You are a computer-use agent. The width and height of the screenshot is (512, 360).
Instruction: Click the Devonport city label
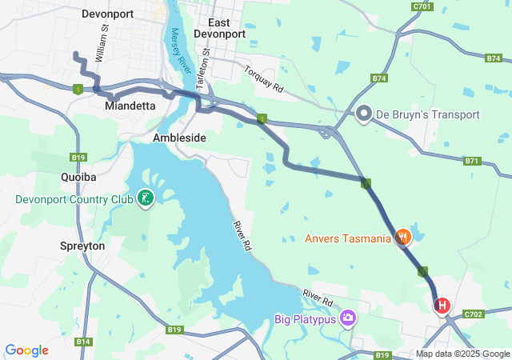[106, 14]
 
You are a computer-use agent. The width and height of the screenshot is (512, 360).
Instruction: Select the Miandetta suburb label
[130, 106]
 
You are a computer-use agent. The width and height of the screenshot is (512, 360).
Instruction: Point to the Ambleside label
[179, 138]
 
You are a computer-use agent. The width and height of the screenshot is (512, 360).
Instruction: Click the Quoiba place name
[78, 176]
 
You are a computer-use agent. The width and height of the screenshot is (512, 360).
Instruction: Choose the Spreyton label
[82, 246]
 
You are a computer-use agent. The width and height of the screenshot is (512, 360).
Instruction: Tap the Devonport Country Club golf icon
[146, 198]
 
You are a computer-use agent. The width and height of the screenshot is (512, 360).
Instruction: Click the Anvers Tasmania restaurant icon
[403, 238]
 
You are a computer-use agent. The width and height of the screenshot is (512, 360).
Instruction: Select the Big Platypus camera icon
[348, 319]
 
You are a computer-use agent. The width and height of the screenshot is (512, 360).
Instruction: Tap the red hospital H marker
[442, 306]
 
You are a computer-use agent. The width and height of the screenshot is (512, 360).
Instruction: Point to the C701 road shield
[423, 6]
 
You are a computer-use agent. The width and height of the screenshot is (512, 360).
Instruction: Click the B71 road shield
[472, 161]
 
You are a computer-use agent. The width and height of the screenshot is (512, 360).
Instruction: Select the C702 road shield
[473, 314]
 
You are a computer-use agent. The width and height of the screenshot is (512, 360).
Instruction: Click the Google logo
[26, 350]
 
